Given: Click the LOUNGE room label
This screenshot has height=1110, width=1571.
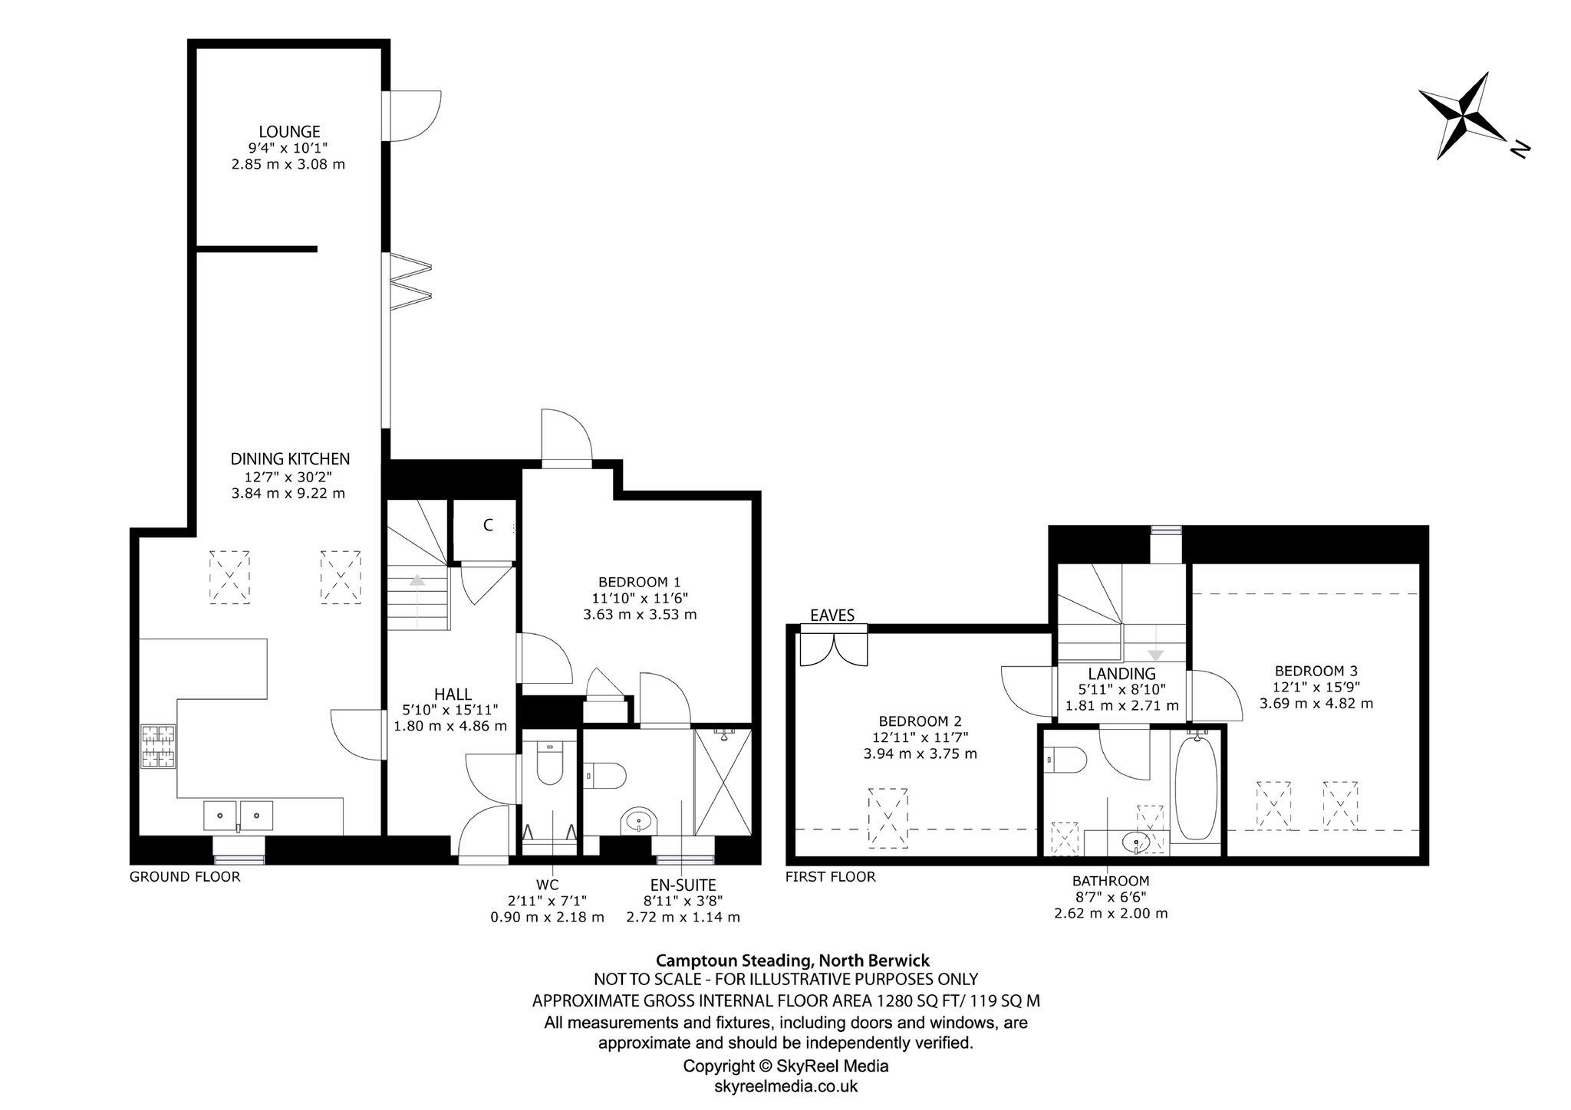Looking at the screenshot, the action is tap(289, 132).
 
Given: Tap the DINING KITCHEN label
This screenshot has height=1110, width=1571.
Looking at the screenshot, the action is tap(290, 459).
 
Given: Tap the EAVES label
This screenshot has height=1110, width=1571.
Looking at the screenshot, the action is tap(832, 615).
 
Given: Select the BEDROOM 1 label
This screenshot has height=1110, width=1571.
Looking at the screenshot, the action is tap(640, 582).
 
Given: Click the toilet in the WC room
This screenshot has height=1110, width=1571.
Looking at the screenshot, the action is tap(548, 762).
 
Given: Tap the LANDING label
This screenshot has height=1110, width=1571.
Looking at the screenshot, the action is tap(1121, 674).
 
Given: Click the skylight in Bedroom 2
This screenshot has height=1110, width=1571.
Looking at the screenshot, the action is tap(888, 818).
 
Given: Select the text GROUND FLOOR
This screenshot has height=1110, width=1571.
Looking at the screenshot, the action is tap(185, 877).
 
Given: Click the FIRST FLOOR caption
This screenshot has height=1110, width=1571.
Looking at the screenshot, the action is tap(830, 877).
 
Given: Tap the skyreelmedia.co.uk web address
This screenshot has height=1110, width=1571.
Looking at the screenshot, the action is tap(786, 1086).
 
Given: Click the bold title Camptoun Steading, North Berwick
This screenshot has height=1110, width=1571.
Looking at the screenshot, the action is tap(792, 961).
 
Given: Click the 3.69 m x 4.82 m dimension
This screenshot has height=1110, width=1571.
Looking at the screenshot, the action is tap(1316, 703).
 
